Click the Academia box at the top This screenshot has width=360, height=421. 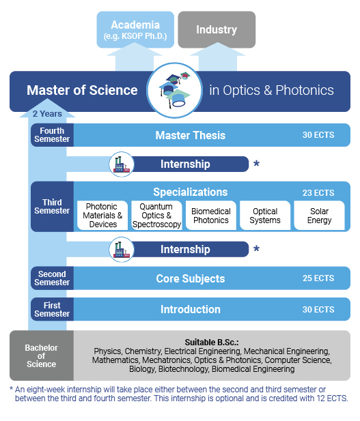click(135, 29)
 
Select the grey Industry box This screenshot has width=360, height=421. click(217, 29)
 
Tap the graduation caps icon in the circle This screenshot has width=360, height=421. click(174, 90)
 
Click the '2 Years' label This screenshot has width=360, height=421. click(47, 114)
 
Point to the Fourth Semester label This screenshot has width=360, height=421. click(52, 135)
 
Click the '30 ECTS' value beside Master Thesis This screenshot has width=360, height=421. click(318, 135)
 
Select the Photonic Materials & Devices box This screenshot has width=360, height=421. click(102, 216)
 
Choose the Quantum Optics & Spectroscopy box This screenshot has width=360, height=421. click(156, 216)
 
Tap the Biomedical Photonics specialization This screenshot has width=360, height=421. click(211, 216)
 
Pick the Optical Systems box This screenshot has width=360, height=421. click(265, 216)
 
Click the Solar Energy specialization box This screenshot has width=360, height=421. click(320, 216)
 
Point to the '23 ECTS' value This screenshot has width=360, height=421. click(318, 193)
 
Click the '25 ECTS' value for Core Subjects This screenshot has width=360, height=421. click(318, 278)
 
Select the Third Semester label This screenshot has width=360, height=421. click(52, 207)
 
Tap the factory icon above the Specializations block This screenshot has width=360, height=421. click(122, 164)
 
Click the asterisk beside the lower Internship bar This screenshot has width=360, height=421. click(256, 248)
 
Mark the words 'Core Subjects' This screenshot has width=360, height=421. click(191, 278)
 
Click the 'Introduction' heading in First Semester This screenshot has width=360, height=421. click(191, 309)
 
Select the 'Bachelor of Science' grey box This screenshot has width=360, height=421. click(42, 355)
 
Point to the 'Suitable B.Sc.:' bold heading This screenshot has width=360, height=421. click(212, 343)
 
